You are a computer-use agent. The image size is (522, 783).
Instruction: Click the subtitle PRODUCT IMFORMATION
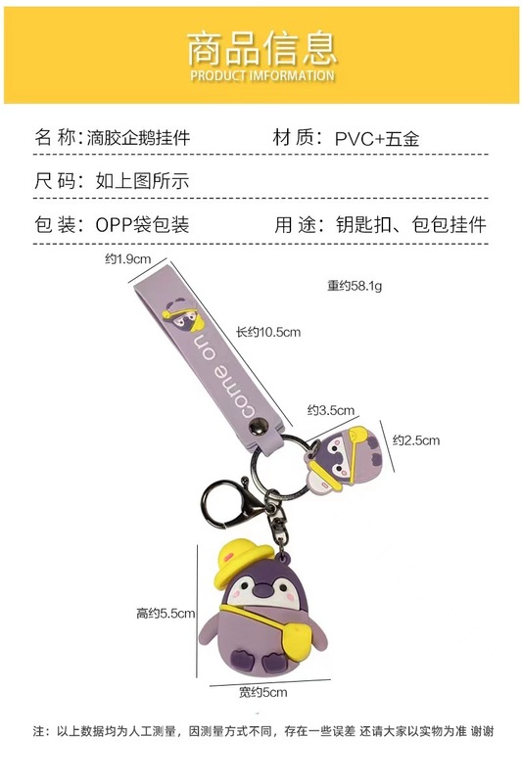tap(262, 76)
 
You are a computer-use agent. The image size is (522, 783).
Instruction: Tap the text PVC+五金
tap(377, 138)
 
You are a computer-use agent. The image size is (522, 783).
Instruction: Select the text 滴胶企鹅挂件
tap(138, 137)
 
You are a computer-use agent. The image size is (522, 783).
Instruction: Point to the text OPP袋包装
tap(142, 225)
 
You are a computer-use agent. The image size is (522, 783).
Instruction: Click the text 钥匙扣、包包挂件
tap(410, 225)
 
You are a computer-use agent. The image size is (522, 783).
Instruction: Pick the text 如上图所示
tap(142, 181)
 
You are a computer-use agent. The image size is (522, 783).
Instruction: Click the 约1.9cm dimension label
tap(127, 258)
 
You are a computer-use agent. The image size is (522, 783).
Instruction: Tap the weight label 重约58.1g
tap(355, 286)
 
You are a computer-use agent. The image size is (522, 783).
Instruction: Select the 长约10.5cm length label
tap(268, 332)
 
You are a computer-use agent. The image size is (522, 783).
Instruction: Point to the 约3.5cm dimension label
tap(331, 410)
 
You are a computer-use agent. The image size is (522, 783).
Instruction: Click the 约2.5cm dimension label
tap(416, 440)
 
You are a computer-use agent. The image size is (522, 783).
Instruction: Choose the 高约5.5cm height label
tap(166, 614)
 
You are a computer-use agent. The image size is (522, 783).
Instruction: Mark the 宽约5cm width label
tap(262, 693)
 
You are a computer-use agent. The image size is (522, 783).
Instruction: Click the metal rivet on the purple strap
tap(259, 428)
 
